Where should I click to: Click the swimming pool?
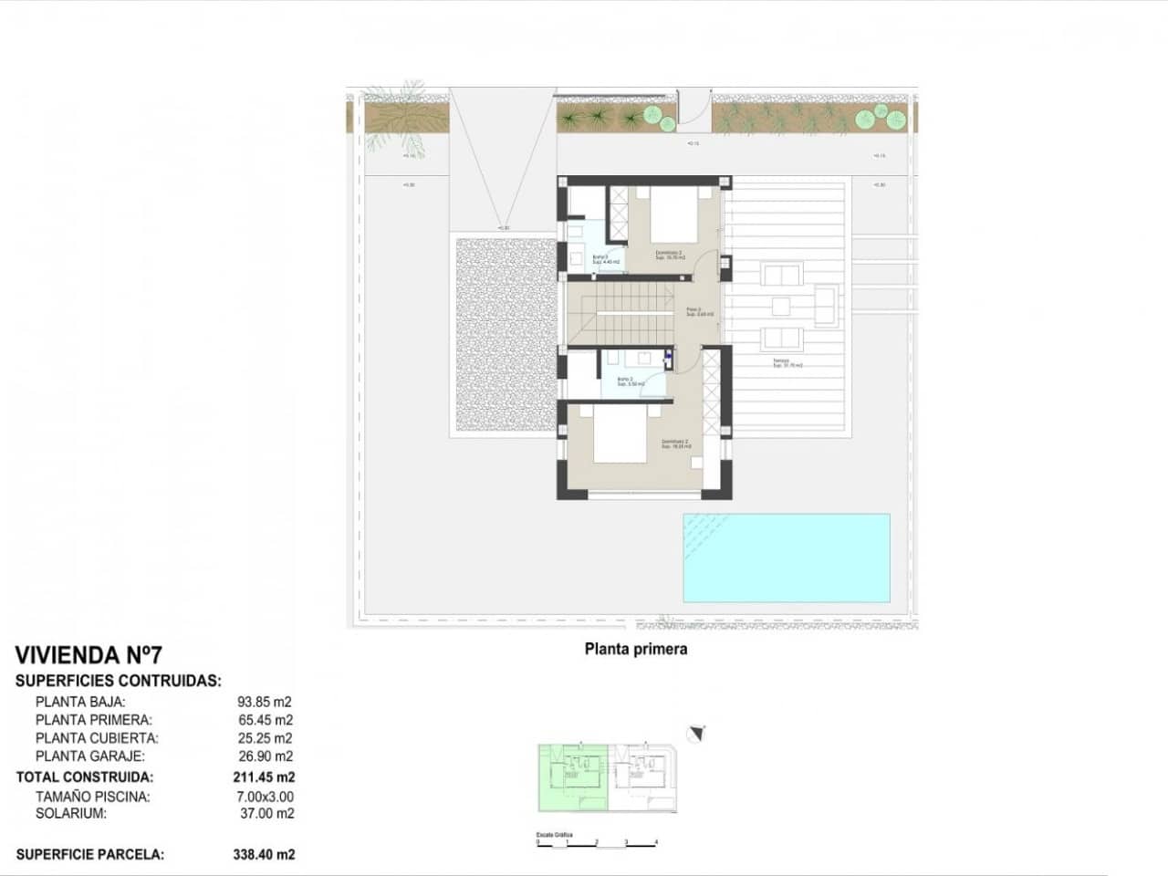pos(786,558)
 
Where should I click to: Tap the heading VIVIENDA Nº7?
pos(89,655)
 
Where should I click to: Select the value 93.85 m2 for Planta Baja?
pos(265,702)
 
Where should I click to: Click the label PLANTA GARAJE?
pos(90,756)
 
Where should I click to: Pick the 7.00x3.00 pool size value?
pos(265,797)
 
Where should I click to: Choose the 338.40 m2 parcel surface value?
pos(264,855)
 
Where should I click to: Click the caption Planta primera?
pos(635,650)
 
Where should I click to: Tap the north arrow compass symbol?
pos(699,732)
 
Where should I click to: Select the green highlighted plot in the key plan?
pos(572,777)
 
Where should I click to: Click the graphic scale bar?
pos(597,843)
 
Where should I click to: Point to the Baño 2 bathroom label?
pos(627,381)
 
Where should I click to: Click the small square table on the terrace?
pos(780,306)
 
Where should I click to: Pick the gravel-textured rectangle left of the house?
pos(504,335)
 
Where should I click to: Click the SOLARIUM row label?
pos(71,813)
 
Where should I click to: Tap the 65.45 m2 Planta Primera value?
pos(265,720)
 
